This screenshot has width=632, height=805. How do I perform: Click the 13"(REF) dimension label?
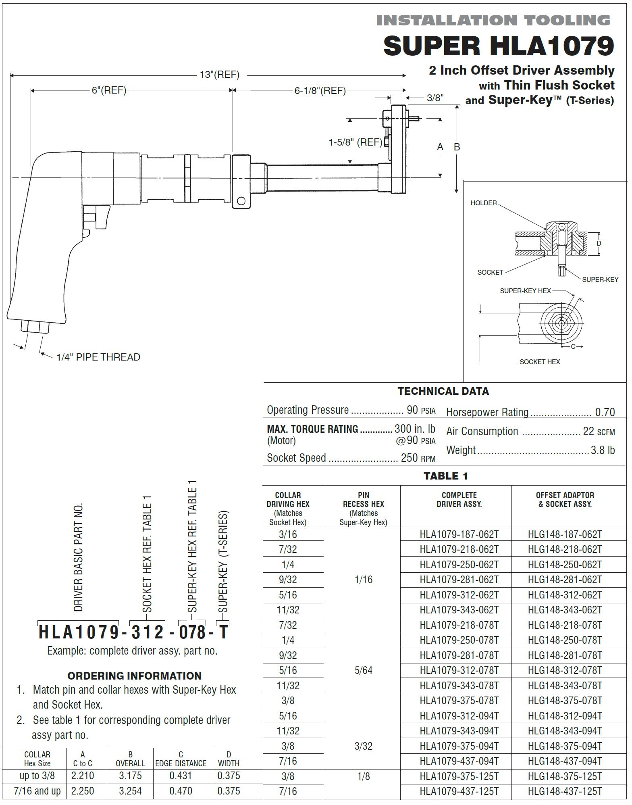[220, 75]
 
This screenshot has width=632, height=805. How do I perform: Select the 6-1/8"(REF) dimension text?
[320, 90]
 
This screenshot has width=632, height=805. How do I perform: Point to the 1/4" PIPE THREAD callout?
[98, 357]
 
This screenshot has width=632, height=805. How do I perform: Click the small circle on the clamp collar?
[241, 201]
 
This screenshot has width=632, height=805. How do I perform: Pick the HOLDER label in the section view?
[483, 203]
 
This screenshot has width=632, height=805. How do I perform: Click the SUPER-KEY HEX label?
[525, 291]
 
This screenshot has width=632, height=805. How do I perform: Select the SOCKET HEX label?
[539, 362]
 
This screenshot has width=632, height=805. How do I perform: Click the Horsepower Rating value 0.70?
[605, 412]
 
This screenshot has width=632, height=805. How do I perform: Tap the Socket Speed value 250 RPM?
[418, 458]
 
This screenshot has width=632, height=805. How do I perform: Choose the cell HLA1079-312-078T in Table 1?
[459, 670]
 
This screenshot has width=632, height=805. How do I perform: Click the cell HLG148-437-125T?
[565, 791]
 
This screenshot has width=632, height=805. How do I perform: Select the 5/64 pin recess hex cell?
[363, 670]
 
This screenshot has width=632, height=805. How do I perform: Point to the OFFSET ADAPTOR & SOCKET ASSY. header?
[565, 499]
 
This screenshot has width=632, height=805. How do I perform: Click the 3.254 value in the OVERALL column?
[130, 791]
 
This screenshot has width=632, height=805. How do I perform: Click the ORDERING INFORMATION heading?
[134, 676]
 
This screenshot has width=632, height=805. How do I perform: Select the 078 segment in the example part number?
[193, 632]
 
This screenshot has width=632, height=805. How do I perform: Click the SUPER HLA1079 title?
[498, 46]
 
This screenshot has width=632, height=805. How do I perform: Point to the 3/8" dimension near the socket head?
[435, 98]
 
